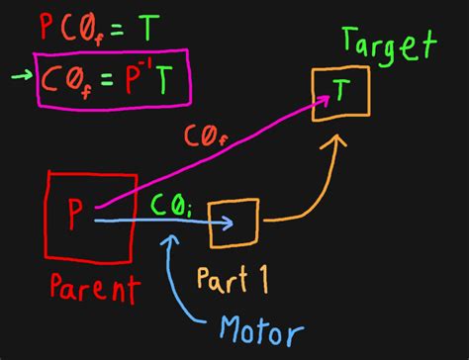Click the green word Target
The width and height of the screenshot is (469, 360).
coord(388,45)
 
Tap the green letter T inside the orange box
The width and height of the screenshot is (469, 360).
coord(339,91)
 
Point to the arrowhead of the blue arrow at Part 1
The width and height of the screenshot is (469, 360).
coord(228,222)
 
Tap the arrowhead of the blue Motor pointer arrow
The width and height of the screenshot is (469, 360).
coord(174,239)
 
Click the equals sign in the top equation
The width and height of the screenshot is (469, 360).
coord(116,29)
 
